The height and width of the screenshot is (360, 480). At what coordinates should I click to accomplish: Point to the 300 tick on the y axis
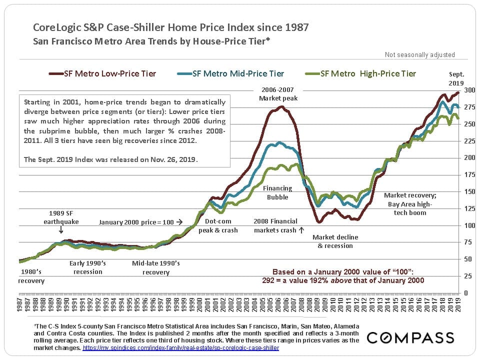469,90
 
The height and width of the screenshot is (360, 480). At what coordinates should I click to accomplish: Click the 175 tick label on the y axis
469,175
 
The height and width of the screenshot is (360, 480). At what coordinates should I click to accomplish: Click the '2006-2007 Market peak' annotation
278,94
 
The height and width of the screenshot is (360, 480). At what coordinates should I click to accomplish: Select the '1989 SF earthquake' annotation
60,216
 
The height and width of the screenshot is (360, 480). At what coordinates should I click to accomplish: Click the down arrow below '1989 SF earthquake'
60,230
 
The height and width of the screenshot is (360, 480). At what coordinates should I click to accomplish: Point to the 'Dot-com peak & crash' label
218,225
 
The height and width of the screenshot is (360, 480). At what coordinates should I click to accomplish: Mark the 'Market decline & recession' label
335,241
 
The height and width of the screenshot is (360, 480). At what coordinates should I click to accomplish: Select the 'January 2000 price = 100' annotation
140,221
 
